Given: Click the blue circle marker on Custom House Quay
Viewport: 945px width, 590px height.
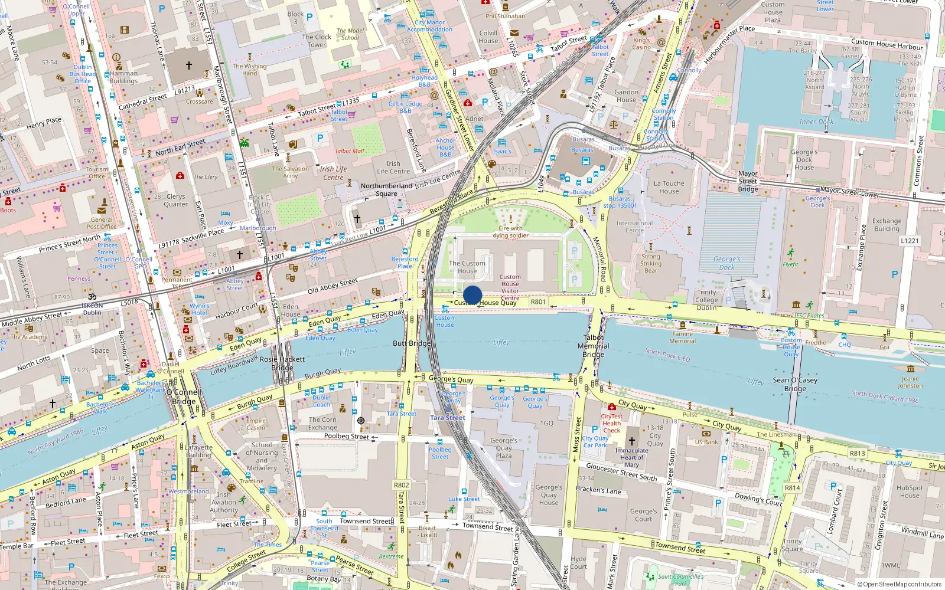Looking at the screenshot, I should (x=472, y=295).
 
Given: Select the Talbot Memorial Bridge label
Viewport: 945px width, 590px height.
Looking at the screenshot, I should (x=594, y=346).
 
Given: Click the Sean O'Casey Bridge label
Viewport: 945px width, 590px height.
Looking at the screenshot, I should (x=795, y=384).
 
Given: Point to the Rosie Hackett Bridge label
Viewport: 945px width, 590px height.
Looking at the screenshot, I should (x=282, y=363).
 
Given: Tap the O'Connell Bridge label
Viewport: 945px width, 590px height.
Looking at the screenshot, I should (x=184, y=396).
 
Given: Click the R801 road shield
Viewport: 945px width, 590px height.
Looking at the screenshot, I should (x=538, y=301).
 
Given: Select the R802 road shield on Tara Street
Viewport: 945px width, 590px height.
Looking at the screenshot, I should (x=402, y=485).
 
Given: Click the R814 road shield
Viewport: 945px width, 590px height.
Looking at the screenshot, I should (x=792, y=488).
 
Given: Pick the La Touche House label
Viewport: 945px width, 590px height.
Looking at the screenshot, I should (x=669, y=187).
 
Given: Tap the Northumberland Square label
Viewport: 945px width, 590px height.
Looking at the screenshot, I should (x=386, y=189).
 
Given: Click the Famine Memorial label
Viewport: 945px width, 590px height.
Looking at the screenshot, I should (x=682, y=337).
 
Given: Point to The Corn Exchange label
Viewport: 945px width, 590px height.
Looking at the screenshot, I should (x=322, y=424).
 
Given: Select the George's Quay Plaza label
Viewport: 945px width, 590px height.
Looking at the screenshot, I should (x=504, y=448).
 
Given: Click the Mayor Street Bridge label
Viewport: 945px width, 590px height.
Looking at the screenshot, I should (x=748, y=181).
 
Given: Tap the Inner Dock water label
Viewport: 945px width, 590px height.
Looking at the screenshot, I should (x=816, y=122).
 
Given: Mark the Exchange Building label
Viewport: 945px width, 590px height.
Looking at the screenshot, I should (x=887, y=225).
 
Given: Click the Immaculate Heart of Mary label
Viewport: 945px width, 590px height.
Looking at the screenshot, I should (x=631, y=457).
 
